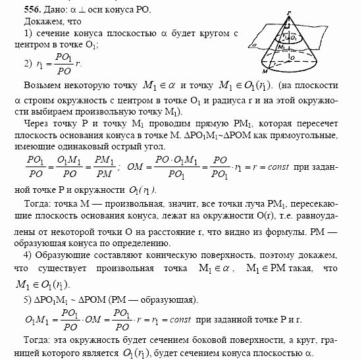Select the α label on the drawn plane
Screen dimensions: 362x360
coord(253,46)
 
